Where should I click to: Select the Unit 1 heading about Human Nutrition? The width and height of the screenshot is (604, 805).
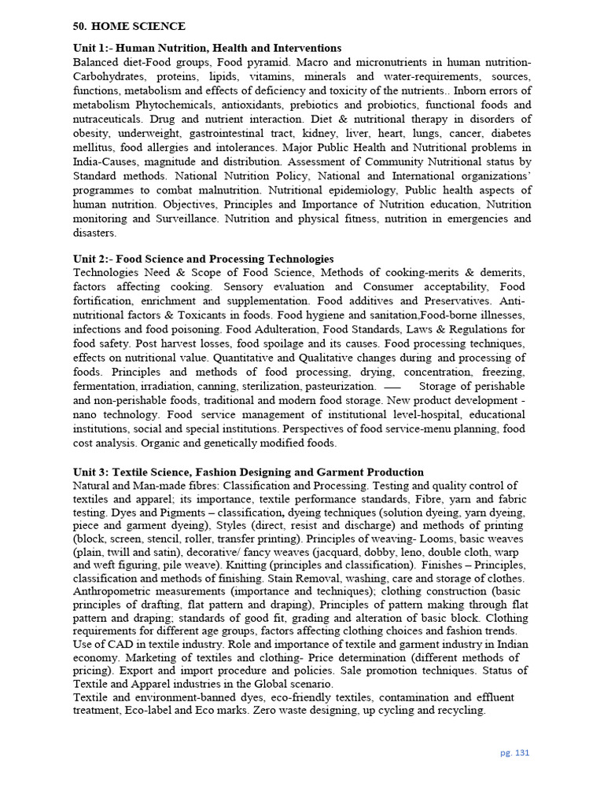pyautogui.click(x=207, y=48)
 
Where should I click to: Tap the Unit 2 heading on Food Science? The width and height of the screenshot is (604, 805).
pyautogui.click(x=203, y=259)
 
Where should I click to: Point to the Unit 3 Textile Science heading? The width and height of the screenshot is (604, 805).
pyautogui.click(x=248, y=472)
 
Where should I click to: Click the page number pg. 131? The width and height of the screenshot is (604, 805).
pyautogui.click(x=515, y=752)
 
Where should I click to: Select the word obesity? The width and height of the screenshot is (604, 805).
pyautogui.click(x=90, y=133)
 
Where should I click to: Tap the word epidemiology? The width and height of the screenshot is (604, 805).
pyautogui.click(x=377, y=190)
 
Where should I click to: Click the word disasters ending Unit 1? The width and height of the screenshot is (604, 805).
pyautogui.click(x=94, y=233)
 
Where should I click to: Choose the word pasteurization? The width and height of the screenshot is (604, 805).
pyautogui.click(x=333, y=386)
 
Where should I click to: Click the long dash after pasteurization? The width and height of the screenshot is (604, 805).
pyautogui.click(x=392, y=387)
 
